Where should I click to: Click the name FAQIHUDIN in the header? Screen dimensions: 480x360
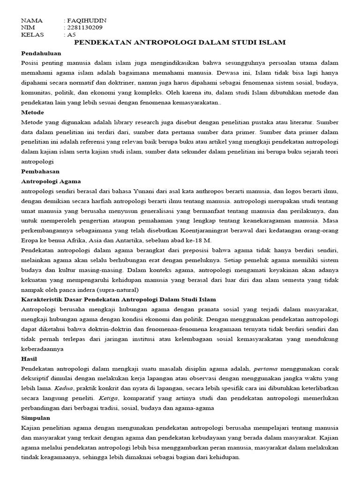(x=87, y=21)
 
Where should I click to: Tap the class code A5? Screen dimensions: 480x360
(x=71, y=35)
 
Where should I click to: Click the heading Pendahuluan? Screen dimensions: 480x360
(x=41, y=53)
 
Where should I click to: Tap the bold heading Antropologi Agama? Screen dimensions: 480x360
(x=51, y=181)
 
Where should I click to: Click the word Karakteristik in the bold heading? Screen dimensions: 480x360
(x=43, y=299)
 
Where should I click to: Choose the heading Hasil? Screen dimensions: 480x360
(x=30, y=359)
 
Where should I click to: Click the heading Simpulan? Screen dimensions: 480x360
(x=36, y=418)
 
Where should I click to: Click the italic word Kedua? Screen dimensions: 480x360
(x=64, y=388)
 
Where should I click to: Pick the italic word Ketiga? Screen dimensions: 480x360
(x=109, y=398)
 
